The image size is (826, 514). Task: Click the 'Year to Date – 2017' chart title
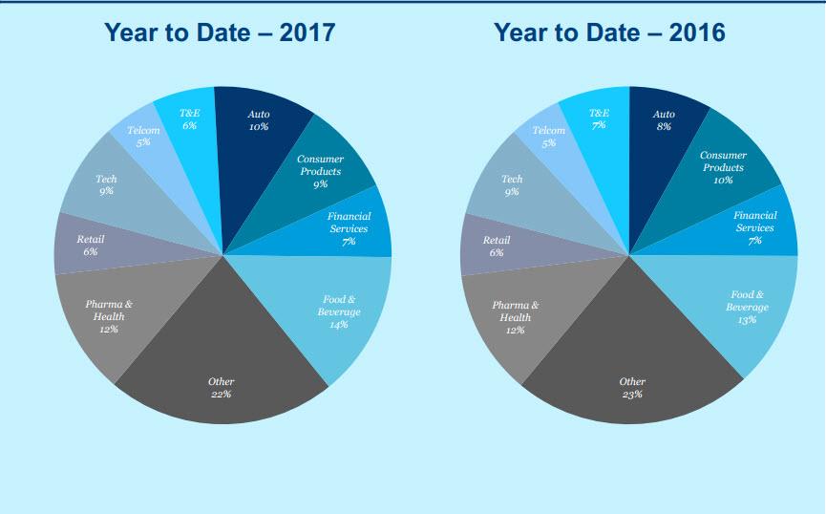click(220, 32)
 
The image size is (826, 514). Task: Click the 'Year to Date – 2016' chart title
click(609, 32)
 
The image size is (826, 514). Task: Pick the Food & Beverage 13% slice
click(747, 308)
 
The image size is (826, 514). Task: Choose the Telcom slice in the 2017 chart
click(144, 136)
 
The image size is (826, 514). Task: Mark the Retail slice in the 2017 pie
click(91, 246)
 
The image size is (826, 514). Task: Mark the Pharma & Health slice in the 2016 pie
click(515, 316)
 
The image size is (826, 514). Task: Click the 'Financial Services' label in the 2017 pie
click(349, 223)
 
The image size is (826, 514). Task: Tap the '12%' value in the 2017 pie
click(107, 329)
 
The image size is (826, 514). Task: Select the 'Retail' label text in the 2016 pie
click(497, 240)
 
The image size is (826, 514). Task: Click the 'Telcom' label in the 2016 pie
click(548, 130)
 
